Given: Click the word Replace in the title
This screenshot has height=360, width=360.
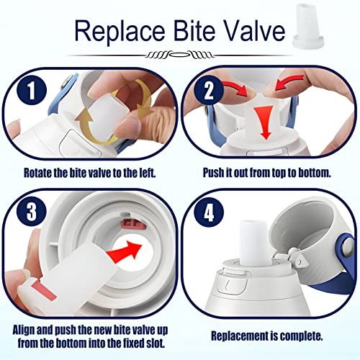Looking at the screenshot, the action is tap(120, 31).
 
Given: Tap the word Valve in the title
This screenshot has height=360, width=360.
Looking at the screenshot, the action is tap(254, 30).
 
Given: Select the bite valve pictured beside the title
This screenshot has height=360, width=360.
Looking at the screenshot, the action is tap(309, 25).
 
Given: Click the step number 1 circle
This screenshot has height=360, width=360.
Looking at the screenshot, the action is tap(32, 91).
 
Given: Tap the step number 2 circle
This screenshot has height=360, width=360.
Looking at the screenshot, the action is tap(209, 91).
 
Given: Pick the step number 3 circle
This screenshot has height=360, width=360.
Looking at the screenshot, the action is tap(32, 212).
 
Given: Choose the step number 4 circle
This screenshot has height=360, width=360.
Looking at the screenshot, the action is tap(209, 212).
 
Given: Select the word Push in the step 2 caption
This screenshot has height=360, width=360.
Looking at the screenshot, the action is tap(212, 173).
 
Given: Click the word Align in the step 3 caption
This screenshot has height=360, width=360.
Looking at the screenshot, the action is tap(24, 330).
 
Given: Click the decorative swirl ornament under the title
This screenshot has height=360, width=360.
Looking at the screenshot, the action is tap(179, 55).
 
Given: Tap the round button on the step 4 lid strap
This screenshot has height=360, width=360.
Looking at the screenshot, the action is tap(348, 247).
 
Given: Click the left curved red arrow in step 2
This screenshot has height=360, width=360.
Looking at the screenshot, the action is tap(235, 88).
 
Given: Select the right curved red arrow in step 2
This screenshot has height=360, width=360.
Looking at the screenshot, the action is tap(290, 82).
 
